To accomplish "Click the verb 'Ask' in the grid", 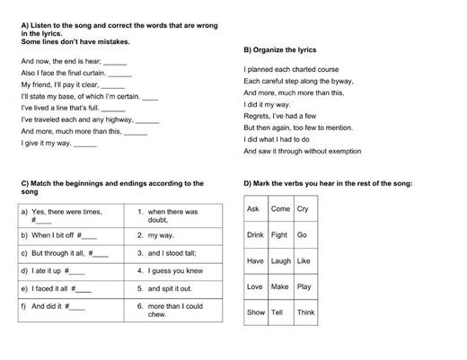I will pyautogui.click(x=253, y=209).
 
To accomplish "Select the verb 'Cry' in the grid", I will pyautogui.click(x=303, y=209).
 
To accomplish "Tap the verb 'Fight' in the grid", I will pyautogui.click(x=279, y=235).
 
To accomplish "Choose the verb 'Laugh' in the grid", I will pyautogui.click(x=280, y=261).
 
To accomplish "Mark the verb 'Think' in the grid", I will pyautogui.click(x=305, y=312).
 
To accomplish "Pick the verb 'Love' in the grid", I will pyautogui.click(x=254, y=287).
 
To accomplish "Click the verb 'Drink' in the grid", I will pyautogui.click(x=255, y=235).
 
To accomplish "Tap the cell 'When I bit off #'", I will pyautogui.click(x=57, y=235).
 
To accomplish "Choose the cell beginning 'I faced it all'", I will pyautogui.click(x=55, y=289).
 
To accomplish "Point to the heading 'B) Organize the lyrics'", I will pyautogui.click(x=279, y=50).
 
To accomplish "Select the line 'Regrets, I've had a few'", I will pyautogui.click(x=280, y=116).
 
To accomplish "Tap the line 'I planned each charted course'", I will pyautogui.click(x=291, y=69).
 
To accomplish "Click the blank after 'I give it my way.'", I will pyautogui.click(x=85, y=144).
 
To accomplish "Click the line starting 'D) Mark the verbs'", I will pyautogui.click(x=328, y=183).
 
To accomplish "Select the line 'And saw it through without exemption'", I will pyautogui.click(x=302, y=151).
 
